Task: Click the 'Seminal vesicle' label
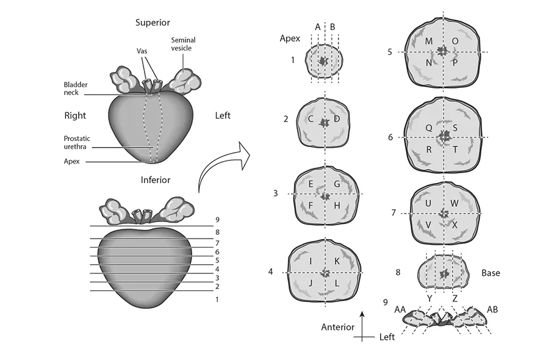(183, 44)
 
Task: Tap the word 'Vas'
(142, 51)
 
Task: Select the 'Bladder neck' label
(76, 88)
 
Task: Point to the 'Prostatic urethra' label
(77, 143)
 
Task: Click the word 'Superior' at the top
(152, 23)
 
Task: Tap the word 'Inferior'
(156, 180)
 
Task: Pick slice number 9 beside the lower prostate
(217, 220)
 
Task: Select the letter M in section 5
(429, 41)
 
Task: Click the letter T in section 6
(455, 150)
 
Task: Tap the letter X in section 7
(455, 225)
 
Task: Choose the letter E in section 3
(310, 184)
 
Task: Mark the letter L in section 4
(337, 283)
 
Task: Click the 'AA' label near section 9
(400, 309)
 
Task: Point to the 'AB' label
(492, 309)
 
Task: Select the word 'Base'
(490, 273)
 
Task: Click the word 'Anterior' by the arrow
(337, 327)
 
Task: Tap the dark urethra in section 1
(323, 61)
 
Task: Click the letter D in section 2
(337, 119)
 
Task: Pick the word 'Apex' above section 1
(290, 38)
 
